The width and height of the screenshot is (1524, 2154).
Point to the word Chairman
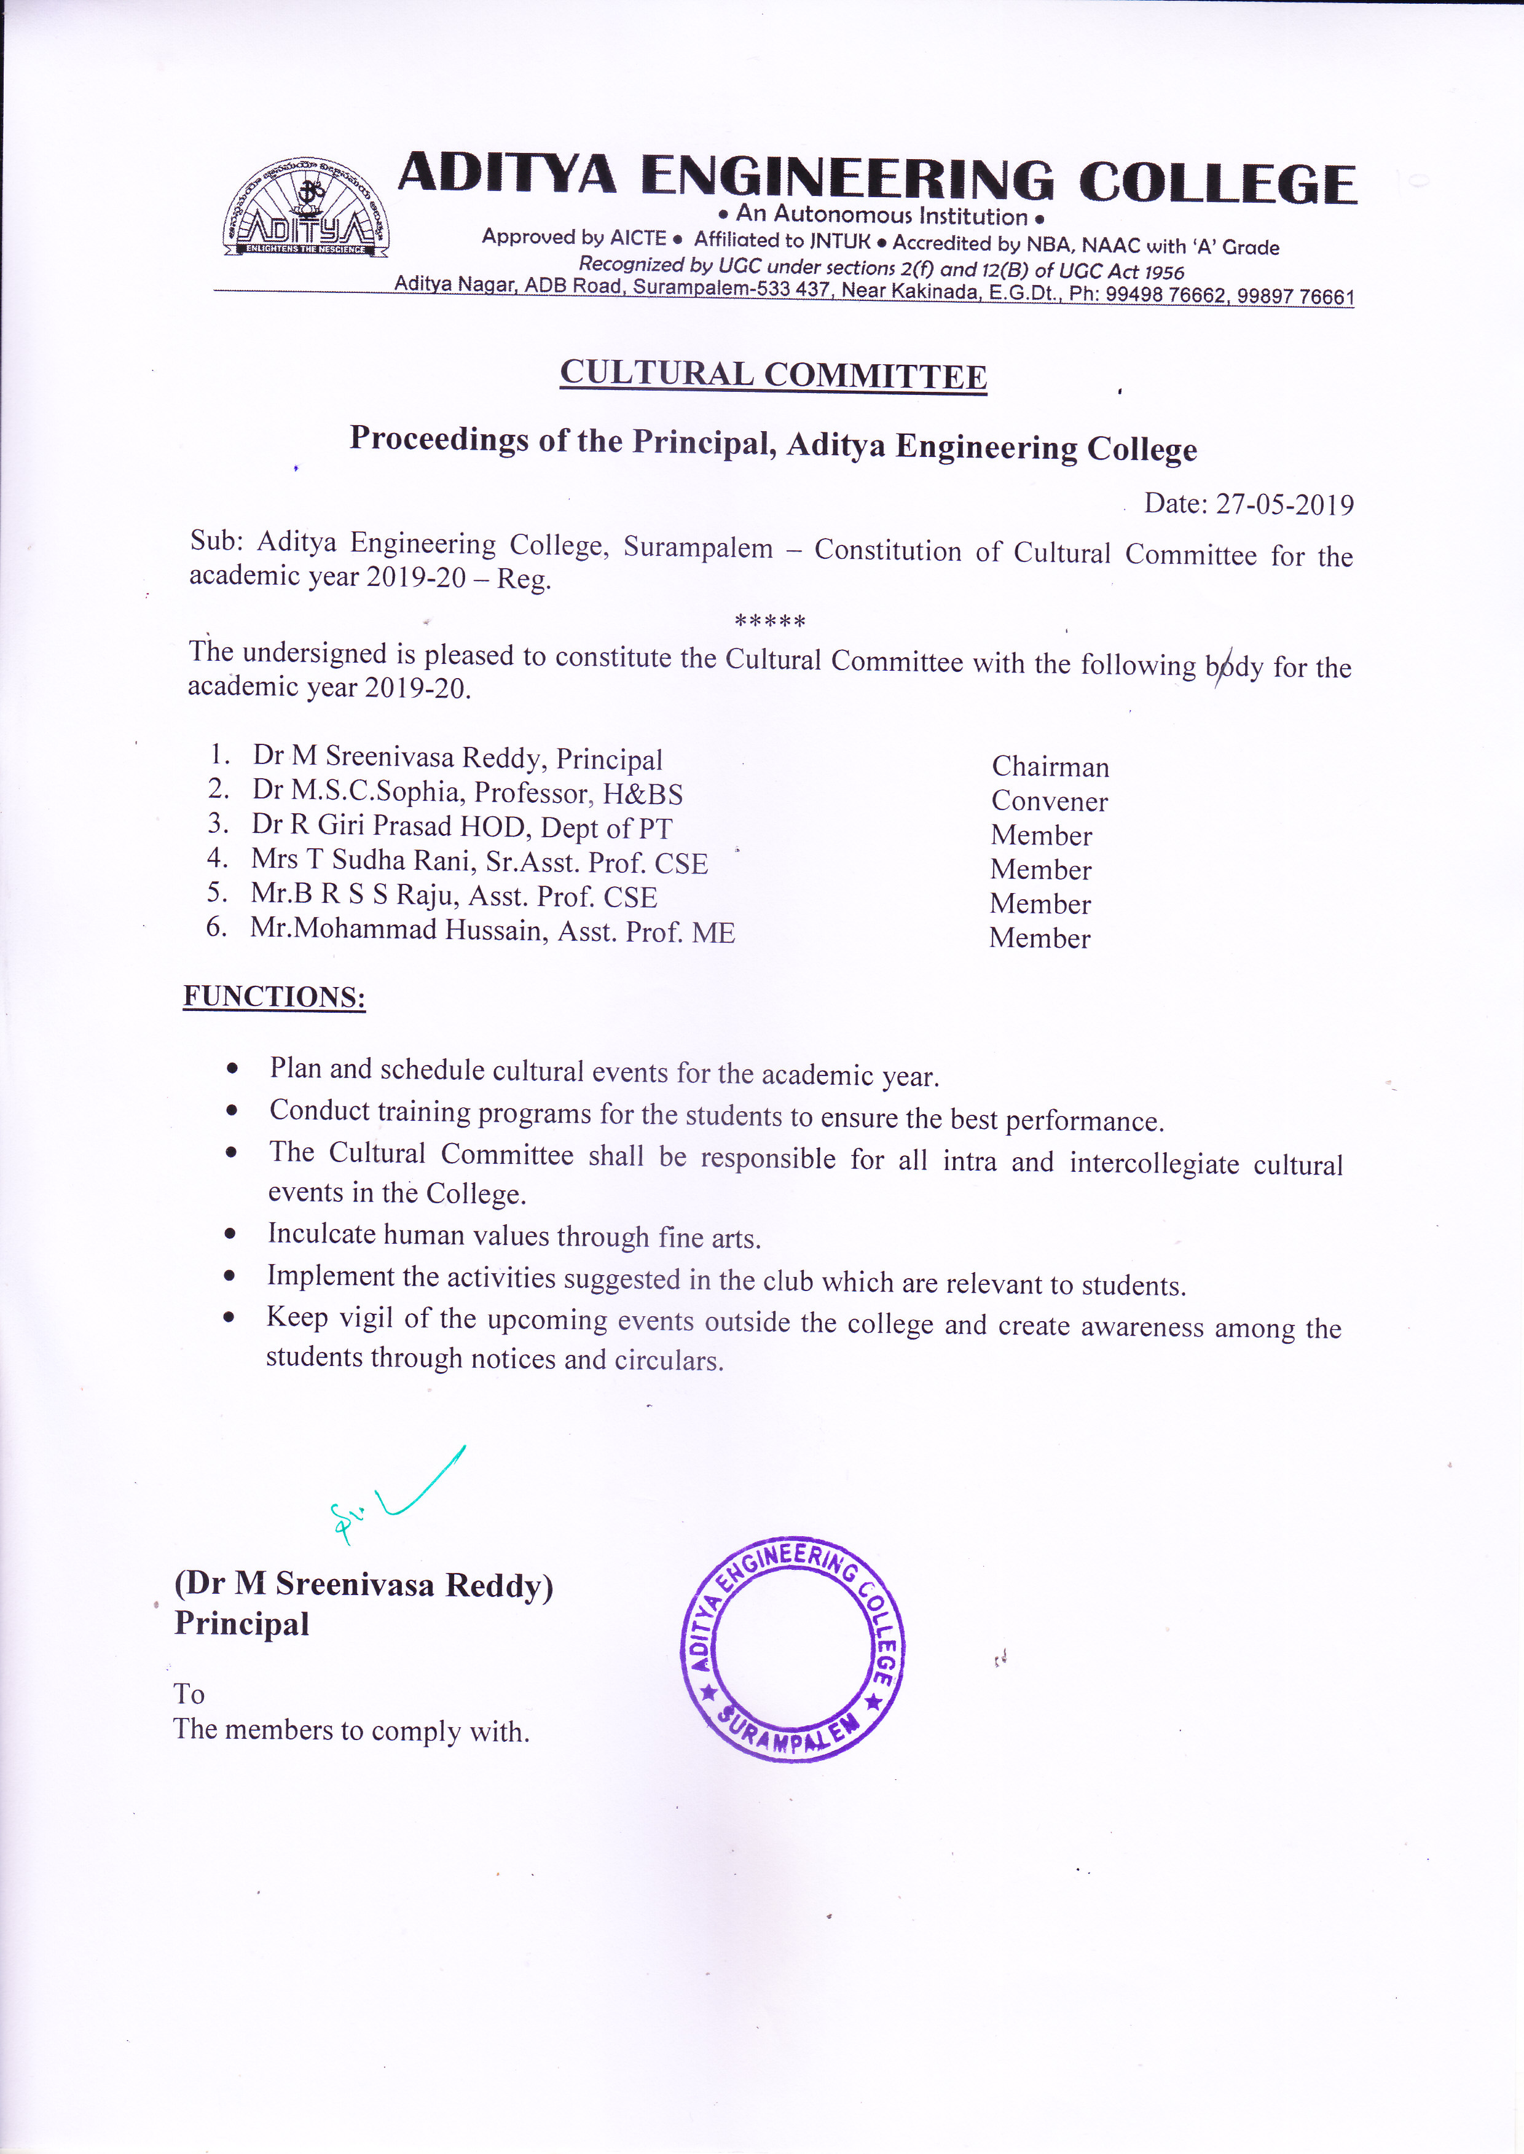[x=1050, y=767]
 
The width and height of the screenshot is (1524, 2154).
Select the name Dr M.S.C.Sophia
[x=356, y=791]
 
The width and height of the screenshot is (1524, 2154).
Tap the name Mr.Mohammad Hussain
[x=399, y=930]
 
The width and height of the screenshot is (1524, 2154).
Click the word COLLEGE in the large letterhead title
[x=1217, y=184]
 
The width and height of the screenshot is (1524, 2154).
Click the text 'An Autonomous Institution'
[x=881, y=216]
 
